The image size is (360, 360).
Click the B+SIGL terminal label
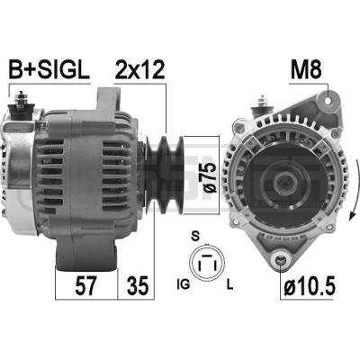[x=49, y=69]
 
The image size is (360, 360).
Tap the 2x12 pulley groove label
[x=139, y=69]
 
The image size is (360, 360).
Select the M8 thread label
[x=306, y=69]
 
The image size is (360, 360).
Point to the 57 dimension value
[x=85, y=285]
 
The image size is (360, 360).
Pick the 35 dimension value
[x=138, y=285]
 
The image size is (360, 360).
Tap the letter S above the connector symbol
[x=195, y=237]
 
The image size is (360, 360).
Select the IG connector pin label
[x=184, y=284]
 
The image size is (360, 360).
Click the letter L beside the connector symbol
[x=229, y=284]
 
